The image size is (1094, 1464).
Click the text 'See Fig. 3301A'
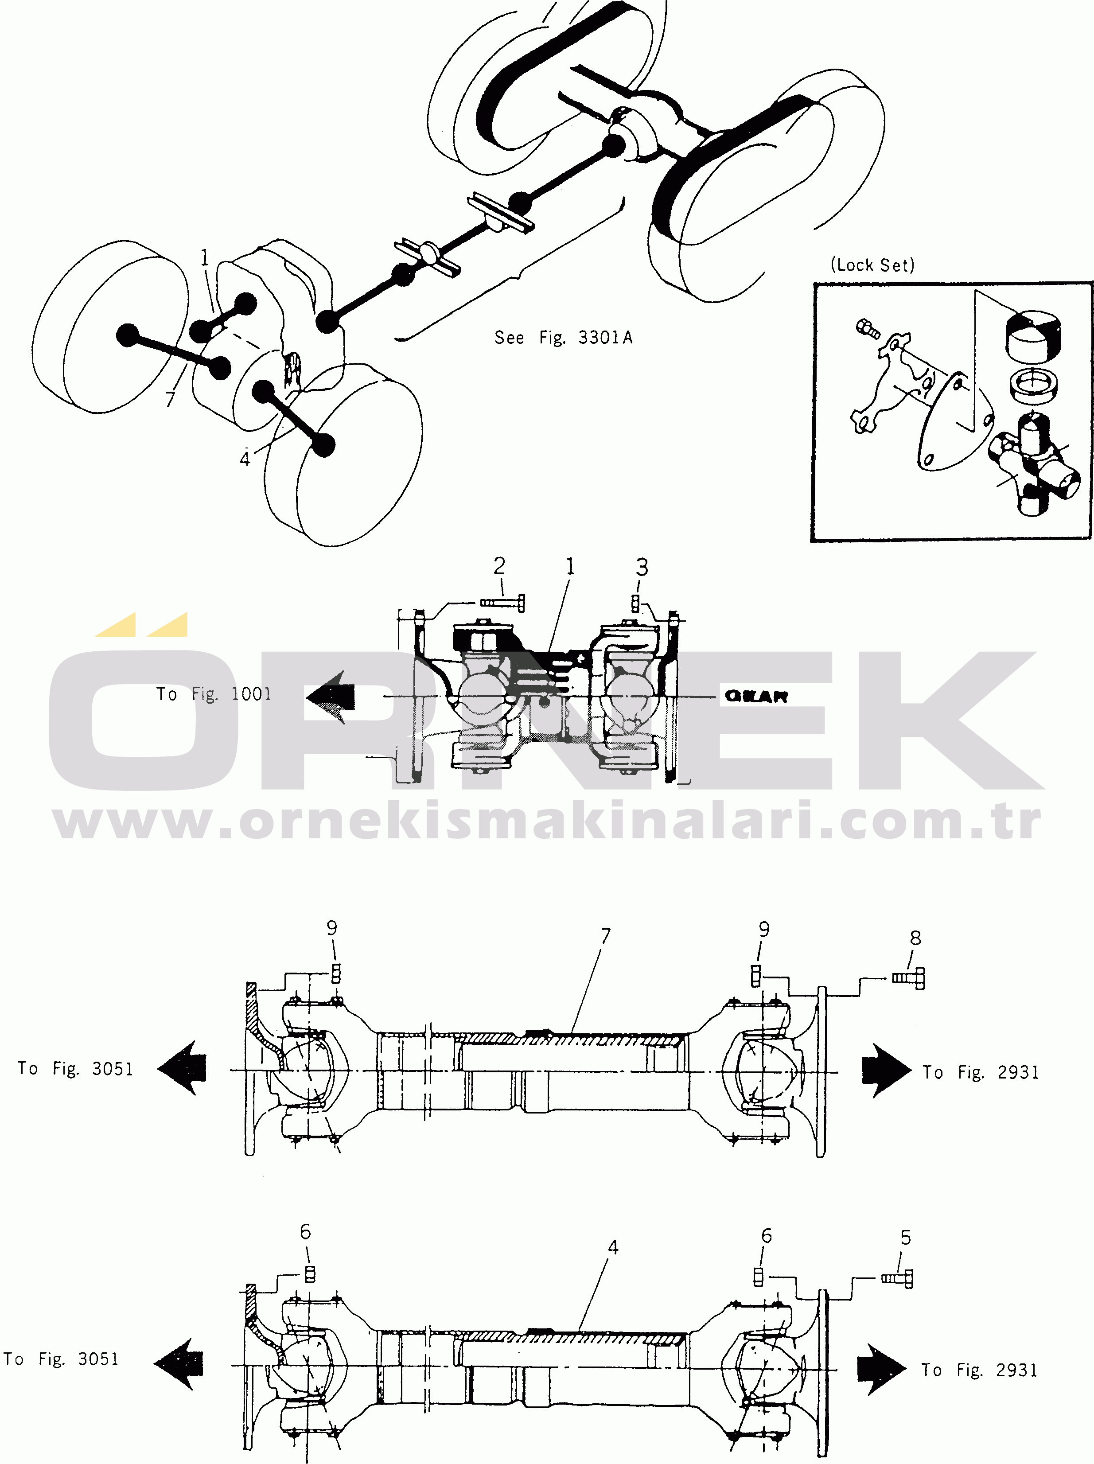click(563, 338)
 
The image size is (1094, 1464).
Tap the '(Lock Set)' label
click(872, 265)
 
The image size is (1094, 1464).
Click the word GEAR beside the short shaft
click(756, 696)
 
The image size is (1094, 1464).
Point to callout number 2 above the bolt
click(499, 566)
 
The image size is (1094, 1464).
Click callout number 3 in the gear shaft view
click(641, 567)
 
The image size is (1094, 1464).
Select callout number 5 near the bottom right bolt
click(905, 1238)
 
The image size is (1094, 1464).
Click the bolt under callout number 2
click(502, 603)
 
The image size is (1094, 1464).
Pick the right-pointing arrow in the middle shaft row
click(886, 1070)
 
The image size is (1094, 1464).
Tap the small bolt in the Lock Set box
click(868, 328)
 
